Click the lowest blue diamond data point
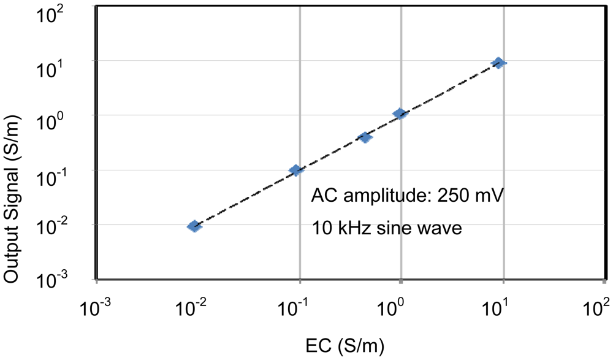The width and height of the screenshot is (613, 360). tap(194, 226)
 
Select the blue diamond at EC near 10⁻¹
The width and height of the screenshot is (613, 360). tap(296, 170)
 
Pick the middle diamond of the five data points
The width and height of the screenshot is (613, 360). tap(365, 137)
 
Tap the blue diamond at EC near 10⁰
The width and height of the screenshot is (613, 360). tap(400, 113)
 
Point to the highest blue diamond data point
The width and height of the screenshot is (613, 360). tap(499, 63)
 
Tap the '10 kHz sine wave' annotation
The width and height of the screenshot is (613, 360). tap(386, 228)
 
